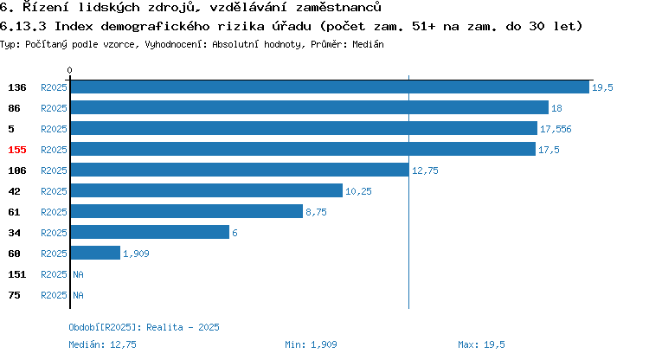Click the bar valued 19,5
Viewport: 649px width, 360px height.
pos(330,87)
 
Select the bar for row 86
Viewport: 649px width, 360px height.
pos(310,108)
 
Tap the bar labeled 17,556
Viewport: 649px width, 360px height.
pos(304,129)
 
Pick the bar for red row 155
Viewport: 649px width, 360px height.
pos(303,150)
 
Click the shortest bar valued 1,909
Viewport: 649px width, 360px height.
pos(95,254)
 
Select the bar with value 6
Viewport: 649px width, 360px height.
pos(150,233)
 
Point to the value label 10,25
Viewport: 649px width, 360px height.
pos(358,191)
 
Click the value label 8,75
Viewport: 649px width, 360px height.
pos(316,212)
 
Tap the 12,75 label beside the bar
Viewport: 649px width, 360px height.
pos(425,170)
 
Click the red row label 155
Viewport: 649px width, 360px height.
pos(17,150)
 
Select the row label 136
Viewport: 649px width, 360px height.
pos(17,87)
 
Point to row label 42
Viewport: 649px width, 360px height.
pos(14,191)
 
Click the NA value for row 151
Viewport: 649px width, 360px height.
pos(78,274)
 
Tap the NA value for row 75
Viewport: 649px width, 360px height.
pos(78,295)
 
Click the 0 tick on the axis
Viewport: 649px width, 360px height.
pos(69,70)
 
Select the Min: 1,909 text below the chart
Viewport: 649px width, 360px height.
pos(311,344)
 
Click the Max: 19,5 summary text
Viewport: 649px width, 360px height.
pos(481,344)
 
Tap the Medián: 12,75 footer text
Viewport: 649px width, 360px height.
pos(102,344)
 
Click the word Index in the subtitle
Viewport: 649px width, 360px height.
pos(74,26)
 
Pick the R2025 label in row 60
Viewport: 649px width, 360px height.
pos(54,254)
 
